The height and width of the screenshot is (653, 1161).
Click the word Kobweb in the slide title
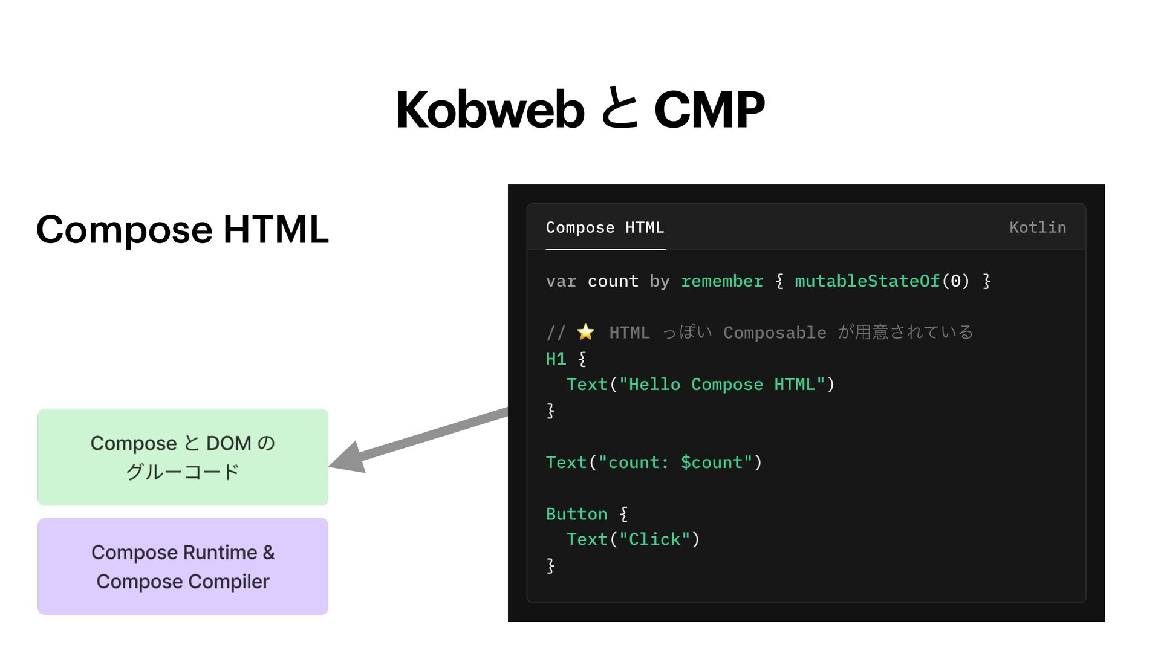[x=490, y=110]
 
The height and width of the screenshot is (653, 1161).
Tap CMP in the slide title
[x=709, y=110]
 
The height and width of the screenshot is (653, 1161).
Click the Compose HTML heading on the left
[x=183, y=230]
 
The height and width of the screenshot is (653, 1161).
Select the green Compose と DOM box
[x=183, y=457]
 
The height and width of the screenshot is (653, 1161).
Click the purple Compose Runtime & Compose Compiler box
[x=183, y=567]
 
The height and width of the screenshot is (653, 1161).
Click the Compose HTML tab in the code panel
[x=605, y=228]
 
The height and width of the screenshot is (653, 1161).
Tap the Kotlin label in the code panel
[x=1037, y=228]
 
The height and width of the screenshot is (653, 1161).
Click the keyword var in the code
[x=561, y=282]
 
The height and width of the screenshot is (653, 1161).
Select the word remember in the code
[x=722, y=282]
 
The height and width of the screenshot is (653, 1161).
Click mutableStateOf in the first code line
[x=867, y=282]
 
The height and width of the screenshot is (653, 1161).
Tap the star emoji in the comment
[x=585, y=332]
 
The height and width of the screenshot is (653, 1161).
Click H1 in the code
[x=556, y=359]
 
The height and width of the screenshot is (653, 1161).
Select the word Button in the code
[x=576, y=514]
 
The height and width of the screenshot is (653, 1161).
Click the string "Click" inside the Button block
[x=655, y=539]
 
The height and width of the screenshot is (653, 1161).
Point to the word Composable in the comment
[x=775, y=333]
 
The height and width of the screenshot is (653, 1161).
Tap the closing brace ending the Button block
[x=550, y=566]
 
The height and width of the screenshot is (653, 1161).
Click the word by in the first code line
[x=659, y=282]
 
